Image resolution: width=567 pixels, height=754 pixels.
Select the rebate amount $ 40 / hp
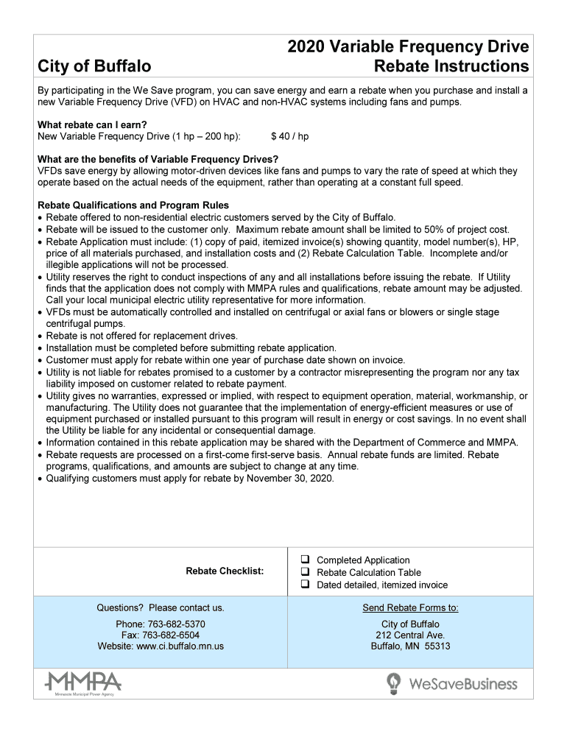coord(290,137)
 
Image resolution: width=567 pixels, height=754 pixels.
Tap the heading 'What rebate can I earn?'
coord(88,125)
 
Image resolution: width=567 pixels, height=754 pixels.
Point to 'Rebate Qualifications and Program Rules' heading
coord(133,205)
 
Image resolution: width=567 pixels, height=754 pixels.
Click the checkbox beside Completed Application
coord(303,560)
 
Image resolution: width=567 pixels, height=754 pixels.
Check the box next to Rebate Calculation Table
coord(303,573)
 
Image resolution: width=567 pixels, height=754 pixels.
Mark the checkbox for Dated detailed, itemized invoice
coord(303,585)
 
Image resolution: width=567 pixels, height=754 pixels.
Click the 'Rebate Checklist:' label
coord(225,571)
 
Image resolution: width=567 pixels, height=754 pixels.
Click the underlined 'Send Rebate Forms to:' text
coord(410,608)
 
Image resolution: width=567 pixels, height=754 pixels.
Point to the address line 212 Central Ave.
coord(410,635)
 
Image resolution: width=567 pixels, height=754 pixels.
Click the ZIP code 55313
coord(437,646)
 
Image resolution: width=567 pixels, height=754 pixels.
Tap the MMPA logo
coord(83,683)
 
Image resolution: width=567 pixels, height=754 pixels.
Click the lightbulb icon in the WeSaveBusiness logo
coord(394,683)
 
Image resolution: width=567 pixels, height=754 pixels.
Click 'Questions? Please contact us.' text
coord(161,608)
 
